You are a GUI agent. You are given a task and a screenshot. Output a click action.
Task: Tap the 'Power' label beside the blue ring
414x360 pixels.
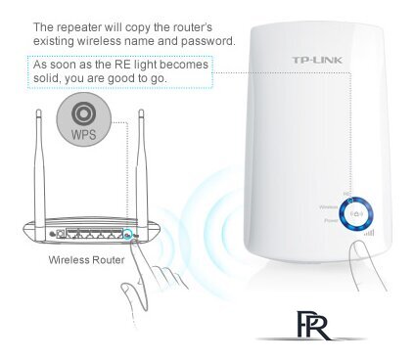click(x=331, y=222)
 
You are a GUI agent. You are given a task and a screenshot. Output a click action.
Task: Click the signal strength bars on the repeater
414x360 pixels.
click(x=369, y=233)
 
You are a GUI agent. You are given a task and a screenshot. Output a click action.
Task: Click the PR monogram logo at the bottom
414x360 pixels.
click(x=311, y=322)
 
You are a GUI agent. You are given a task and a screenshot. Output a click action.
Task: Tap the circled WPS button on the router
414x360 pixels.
click(x=128, y=236)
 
